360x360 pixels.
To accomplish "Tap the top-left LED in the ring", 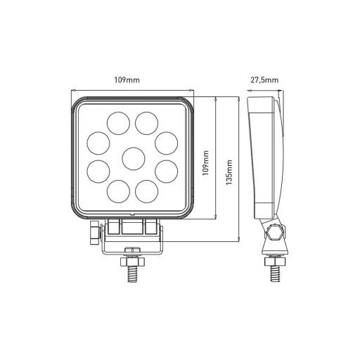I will (116, 124).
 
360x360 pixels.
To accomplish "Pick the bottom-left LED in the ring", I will (116, 191).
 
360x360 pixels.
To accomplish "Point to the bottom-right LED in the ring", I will (147, 191).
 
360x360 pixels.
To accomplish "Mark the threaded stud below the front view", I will (131, 270).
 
